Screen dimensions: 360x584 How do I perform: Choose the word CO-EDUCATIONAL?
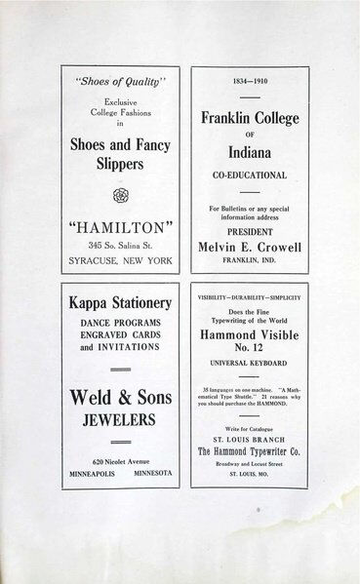(250, 176)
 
